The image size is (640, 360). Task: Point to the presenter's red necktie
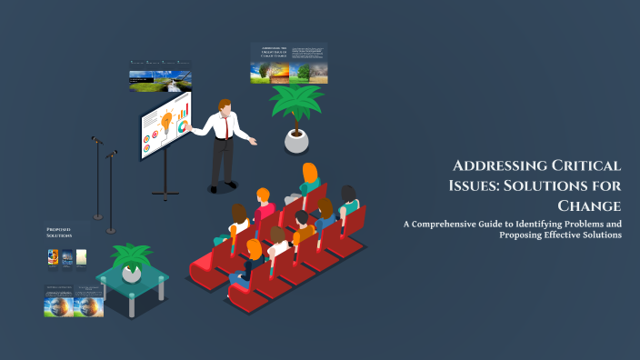[220, 128]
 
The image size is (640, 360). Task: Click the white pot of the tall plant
[296, 140]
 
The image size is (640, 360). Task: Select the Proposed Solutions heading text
[58, 234]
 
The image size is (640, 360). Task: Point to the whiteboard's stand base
[165, 192]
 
